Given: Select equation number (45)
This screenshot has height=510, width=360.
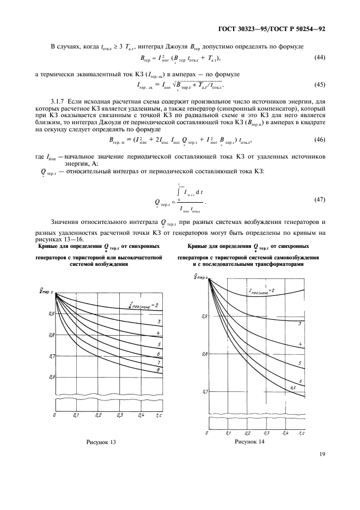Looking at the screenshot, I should (321, 84).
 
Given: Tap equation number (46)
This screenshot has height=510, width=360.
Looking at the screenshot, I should (321, 140).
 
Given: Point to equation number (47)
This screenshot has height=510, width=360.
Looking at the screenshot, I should (321, 200).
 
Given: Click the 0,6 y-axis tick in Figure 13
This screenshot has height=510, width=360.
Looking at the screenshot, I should (52, 377).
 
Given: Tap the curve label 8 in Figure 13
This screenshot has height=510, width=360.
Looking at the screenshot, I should (157, 370).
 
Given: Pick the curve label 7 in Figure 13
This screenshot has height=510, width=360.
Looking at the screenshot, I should (157, 362).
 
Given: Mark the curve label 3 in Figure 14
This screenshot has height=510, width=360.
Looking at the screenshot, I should (300, 324).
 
